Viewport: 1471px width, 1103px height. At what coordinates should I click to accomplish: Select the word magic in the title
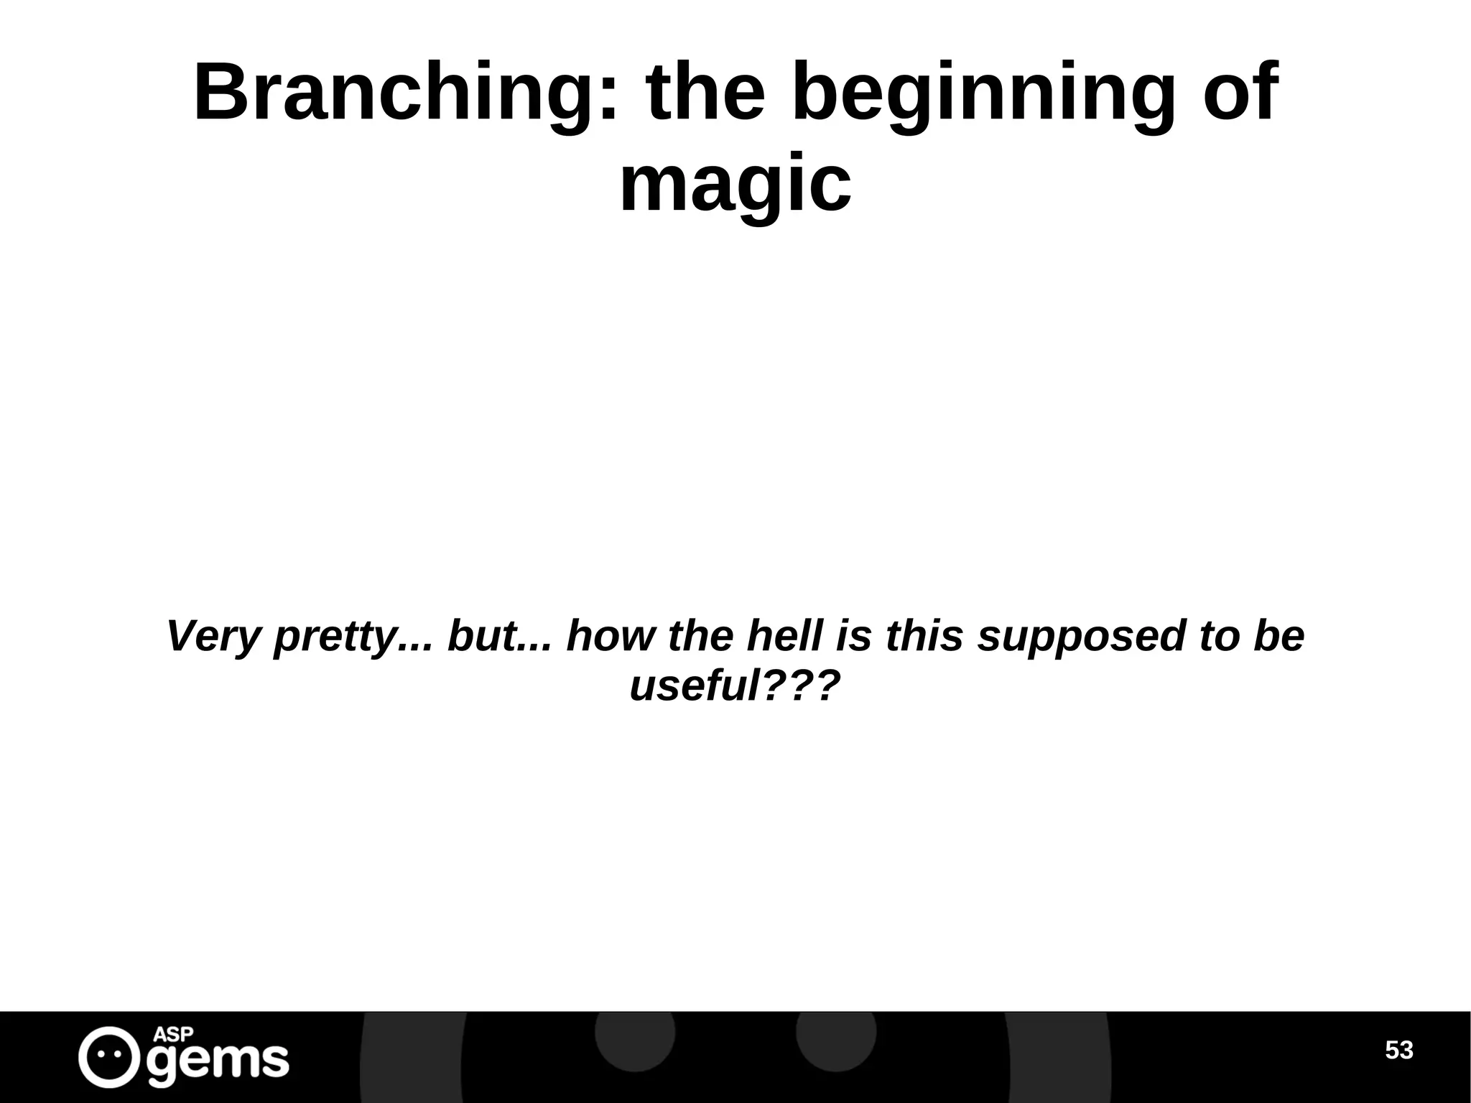point(735,186)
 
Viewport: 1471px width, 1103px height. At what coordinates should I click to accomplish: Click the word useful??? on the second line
point(735,686)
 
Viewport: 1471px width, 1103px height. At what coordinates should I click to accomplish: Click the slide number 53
point(1398,1051)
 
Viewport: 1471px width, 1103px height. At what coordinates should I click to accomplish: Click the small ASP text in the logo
point(174,1035)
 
